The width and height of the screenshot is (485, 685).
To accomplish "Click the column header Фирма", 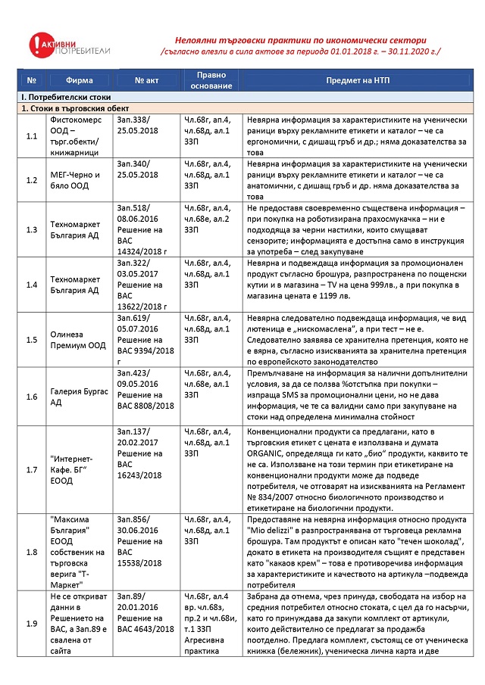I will coord(80,79).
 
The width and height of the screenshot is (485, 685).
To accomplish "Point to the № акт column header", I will coord(145,79).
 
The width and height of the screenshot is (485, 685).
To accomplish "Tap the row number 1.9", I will coord(31,623).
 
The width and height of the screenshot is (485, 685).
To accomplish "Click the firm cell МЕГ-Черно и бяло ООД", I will coord(80,179).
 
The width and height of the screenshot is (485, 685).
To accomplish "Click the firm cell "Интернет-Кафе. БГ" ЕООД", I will coord(80,469).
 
